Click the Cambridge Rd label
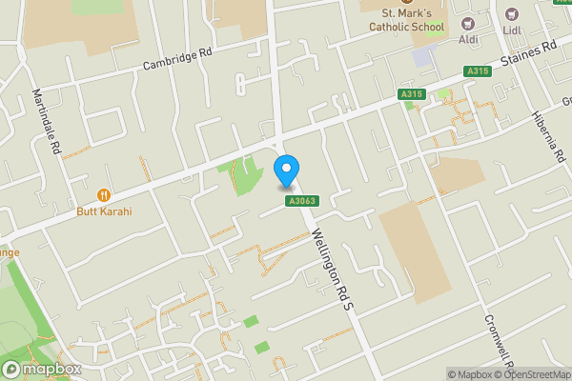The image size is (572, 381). tap(177, 59)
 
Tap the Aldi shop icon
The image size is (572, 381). tap(468, 23)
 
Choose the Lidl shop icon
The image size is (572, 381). tap(513, 14)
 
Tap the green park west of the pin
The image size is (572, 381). tap(246, 175)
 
